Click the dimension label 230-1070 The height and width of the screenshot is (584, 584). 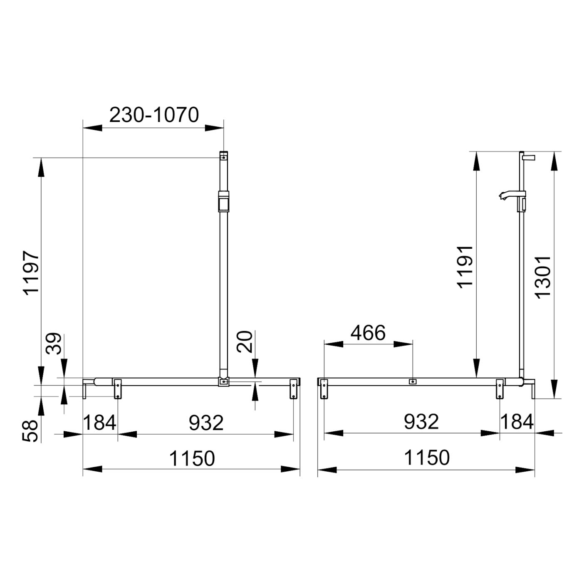154,115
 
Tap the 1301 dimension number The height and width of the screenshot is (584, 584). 542,277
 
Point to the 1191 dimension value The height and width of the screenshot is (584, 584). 465,267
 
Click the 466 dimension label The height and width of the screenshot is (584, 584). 368,333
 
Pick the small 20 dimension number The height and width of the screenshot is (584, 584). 245,342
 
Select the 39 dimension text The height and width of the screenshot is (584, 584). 54,344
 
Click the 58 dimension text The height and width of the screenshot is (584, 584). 30,431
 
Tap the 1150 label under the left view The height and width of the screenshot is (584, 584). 192,458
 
